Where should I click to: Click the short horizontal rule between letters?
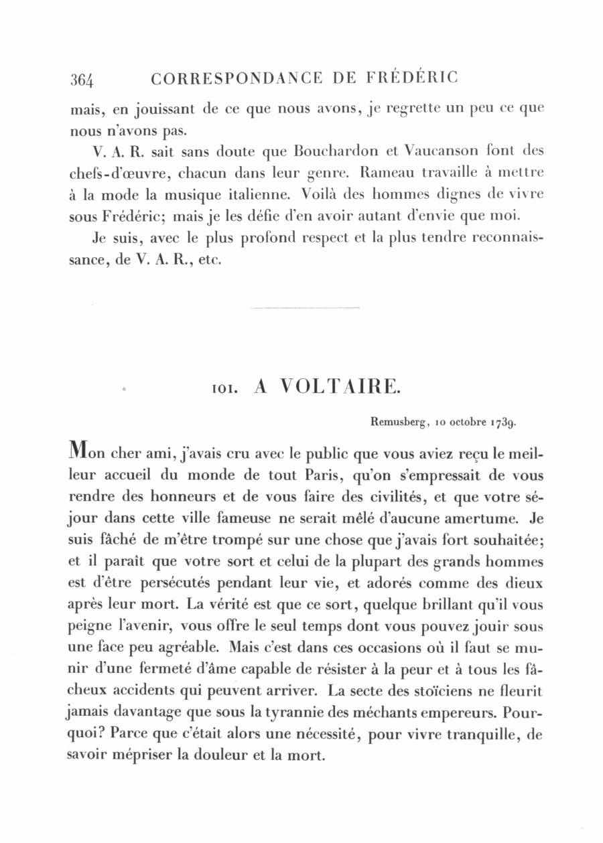click(x=304, y=308)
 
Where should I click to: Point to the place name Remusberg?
click(x=399, y=423)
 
